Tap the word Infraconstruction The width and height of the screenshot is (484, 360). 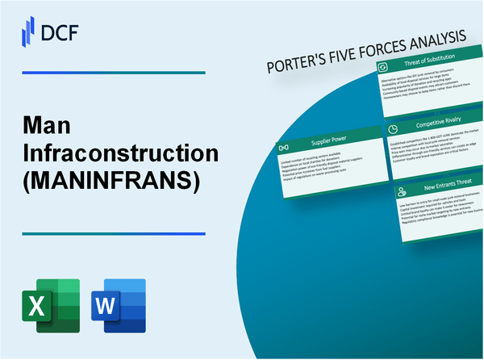106,154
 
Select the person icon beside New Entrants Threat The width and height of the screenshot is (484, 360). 401,193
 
